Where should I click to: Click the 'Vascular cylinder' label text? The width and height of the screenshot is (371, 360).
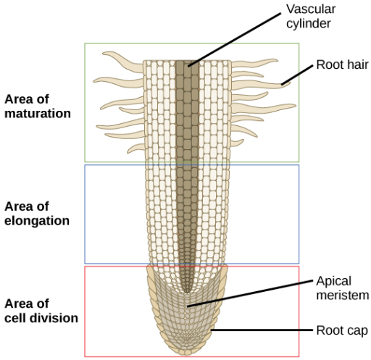coord(311,16)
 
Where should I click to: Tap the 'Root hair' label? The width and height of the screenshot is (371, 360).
coord(342,64)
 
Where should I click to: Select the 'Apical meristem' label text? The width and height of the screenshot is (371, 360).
coord(343,288)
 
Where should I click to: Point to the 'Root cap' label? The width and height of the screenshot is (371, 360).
coord(342,330)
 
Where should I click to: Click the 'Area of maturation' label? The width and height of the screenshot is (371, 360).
coord(38,106)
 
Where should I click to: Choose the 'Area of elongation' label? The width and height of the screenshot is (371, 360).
coord(37,214)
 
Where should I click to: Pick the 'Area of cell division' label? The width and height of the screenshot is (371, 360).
coord(41,311)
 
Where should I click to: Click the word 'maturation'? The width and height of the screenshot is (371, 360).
coord(38,114)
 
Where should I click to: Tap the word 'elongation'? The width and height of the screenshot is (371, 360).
coord(37,221)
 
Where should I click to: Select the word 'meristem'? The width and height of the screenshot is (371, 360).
coord(343,296)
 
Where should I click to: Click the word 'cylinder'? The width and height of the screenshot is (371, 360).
coord(309,23)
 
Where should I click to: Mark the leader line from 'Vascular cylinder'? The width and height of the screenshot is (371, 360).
coord(234,40)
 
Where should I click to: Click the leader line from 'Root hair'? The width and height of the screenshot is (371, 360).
coord(297,75)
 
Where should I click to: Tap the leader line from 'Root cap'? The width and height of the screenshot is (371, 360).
coord(262,330)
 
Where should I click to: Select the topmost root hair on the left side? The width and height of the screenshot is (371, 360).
coord(123,61)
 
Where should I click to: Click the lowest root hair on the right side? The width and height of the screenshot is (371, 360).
coord(237,143)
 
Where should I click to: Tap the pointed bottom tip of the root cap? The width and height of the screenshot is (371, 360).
coord(185,355)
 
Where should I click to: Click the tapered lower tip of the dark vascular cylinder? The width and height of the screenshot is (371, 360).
coord(185,292)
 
